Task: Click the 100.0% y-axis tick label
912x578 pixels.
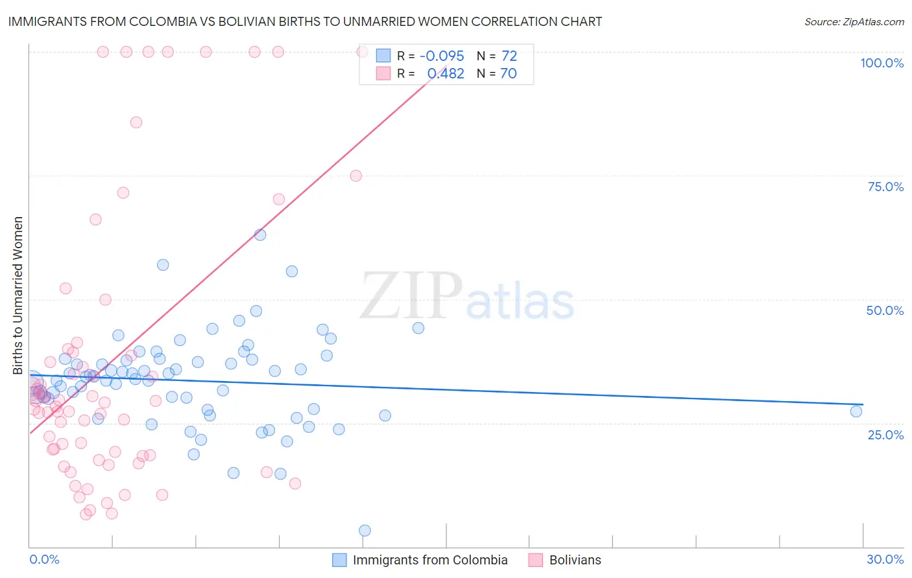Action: click(882, 63)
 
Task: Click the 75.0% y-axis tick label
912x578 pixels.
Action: click(885, 187)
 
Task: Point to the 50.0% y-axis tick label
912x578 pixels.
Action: click(885, 310)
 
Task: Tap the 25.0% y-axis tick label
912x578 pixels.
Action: click(885, 434)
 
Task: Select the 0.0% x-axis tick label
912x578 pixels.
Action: click(44, 559)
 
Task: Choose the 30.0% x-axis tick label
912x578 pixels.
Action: click(885, 559)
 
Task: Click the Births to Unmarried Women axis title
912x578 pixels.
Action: click(18, 295)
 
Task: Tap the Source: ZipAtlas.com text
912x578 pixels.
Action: click(854, 22)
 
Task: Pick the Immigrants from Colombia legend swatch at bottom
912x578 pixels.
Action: click(339, 560)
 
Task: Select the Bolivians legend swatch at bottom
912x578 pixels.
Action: click(535, 560)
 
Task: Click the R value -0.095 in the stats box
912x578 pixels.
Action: click(442, 56)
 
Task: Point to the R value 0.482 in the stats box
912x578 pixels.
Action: click(446, 73)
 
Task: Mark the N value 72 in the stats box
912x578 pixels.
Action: click(509, 56)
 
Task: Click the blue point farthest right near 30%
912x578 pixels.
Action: click(856, 411)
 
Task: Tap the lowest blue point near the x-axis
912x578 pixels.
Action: click(365, 531)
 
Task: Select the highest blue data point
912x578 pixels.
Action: click(260, 235)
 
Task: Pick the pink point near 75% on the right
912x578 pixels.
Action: click(355, 176)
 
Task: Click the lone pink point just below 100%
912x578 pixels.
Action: click(136, 122)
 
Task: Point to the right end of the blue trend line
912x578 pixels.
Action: click(863, 404)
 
